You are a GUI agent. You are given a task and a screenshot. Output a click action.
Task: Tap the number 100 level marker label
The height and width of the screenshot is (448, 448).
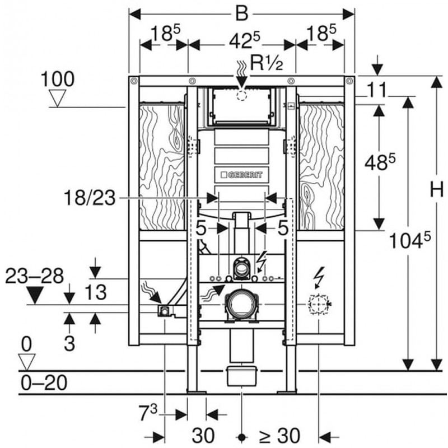pyautogui.click(x=57, y=80)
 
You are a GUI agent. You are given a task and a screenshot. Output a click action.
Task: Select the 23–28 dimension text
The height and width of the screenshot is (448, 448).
pyautogui.click(x=34, y=276)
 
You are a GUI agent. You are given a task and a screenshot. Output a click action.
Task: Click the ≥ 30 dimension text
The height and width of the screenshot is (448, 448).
pyautogui.click(x=279, y=435)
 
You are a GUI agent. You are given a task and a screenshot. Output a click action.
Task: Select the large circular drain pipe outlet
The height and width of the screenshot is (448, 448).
pyautogui.click(x=241, y=305)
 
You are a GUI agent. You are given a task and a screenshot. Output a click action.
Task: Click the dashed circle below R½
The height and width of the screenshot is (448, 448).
pyautogui.click(x=241, y=95)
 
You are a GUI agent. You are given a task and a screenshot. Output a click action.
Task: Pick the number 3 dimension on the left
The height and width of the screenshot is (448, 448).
pyautogui.click(x=69, y=343)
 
